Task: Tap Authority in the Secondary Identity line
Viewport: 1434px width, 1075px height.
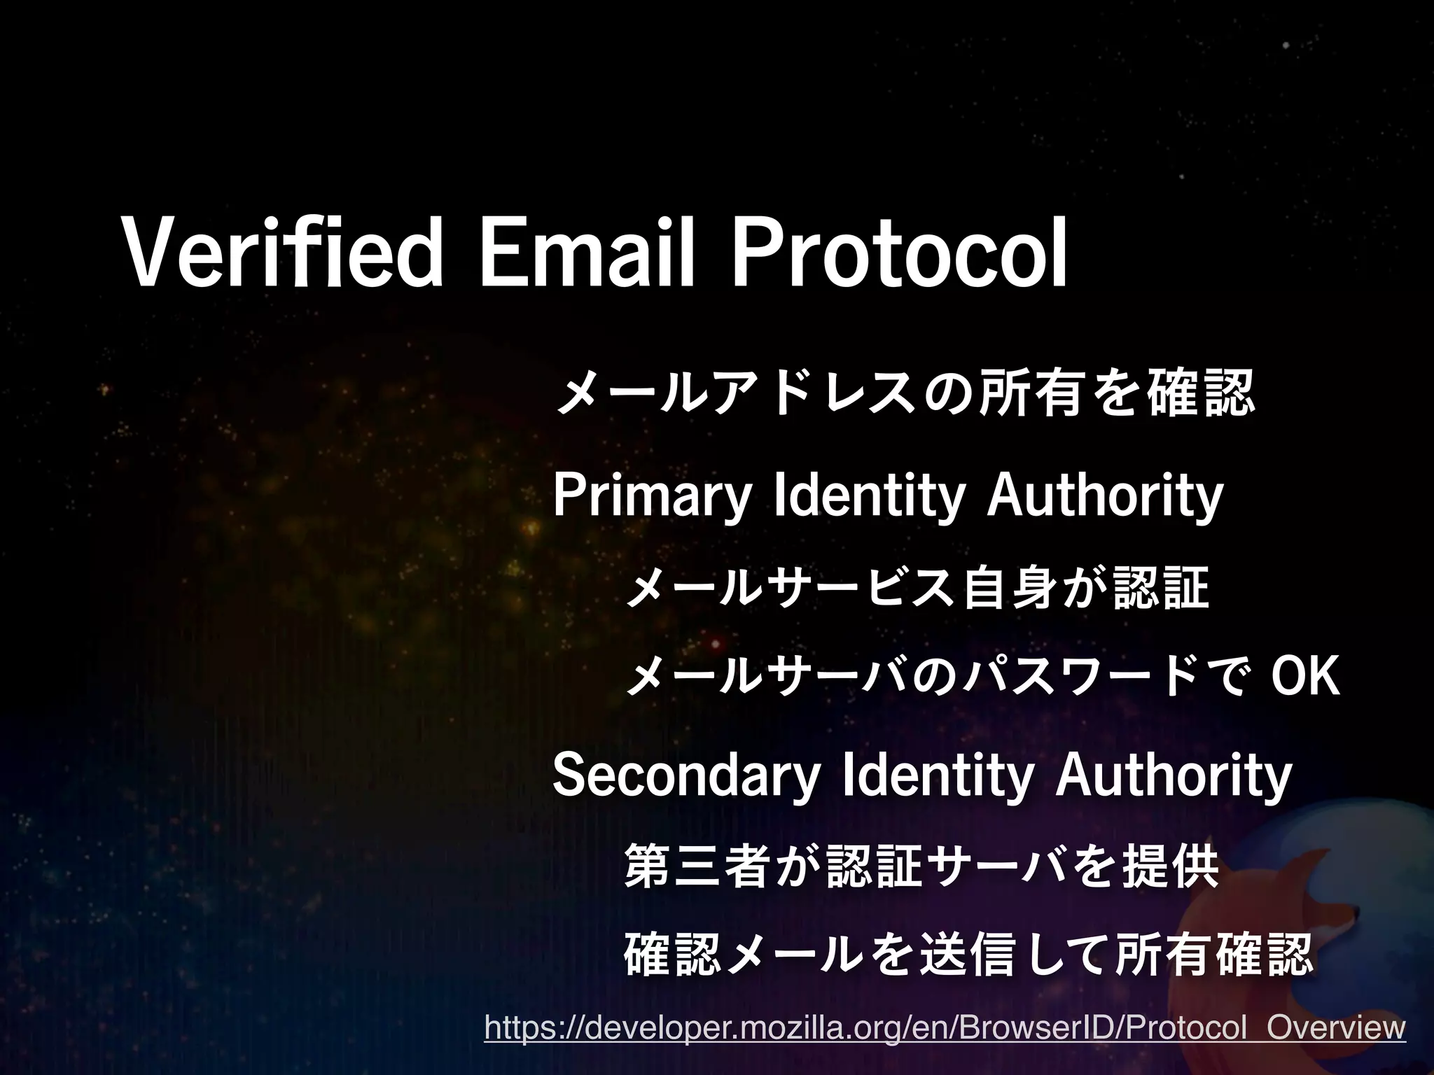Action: click(x=1174, y=777)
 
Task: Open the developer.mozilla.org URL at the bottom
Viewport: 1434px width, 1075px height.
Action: click(x=945, y=1029)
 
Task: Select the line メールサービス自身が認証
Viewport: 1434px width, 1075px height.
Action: click(x=917, y=588)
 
